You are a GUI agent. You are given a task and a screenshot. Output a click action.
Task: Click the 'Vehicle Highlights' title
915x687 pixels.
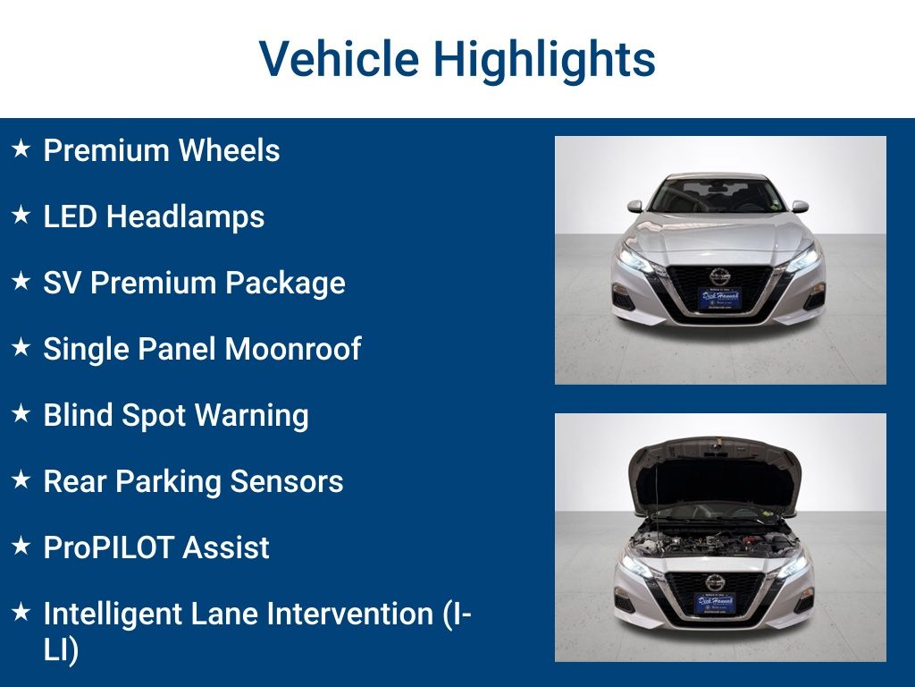coord(457,59)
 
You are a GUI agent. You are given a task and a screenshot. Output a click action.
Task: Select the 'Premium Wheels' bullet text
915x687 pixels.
coord(161,150)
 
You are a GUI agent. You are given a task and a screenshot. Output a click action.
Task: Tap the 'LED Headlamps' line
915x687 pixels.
coord(154,216)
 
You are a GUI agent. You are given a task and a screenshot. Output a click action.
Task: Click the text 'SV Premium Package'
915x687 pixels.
coord(194,283)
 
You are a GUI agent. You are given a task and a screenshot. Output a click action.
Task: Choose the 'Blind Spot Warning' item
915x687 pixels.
coord(175,415)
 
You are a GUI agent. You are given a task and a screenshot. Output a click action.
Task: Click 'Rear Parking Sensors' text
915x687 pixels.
coord(193,481)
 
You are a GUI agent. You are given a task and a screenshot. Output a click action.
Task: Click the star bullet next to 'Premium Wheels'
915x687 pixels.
coord(21,149)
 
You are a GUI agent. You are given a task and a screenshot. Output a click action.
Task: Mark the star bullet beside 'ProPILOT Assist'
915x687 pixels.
coord(21,547)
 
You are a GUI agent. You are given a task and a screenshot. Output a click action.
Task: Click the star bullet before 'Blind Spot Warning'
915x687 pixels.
coord(21,414)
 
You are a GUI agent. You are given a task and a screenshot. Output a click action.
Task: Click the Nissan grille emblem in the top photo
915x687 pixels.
coord(719,277)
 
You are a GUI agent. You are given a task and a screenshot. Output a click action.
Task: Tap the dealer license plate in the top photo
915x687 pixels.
coord(718,299)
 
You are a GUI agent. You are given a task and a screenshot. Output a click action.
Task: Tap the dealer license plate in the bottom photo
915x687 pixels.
coord(716,604)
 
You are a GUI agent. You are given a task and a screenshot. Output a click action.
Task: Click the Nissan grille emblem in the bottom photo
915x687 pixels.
coord(716,582)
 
